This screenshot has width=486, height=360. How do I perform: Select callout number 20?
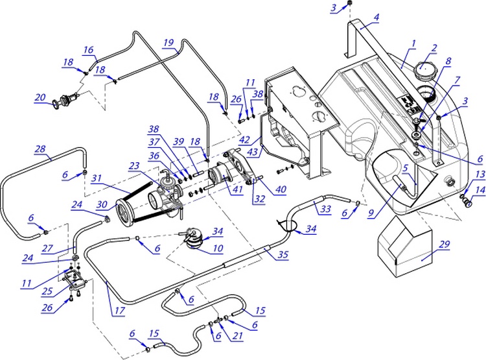click(40, 98)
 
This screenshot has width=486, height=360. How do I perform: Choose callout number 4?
click(376, 18)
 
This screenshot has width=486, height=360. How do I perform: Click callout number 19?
click(168, 43)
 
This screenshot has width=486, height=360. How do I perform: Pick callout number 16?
click(88, 49)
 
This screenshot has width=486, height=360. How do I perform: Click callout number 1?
click(412, 44)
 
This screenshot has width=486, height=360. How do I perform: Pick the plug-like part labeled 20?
click(65, 100)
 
